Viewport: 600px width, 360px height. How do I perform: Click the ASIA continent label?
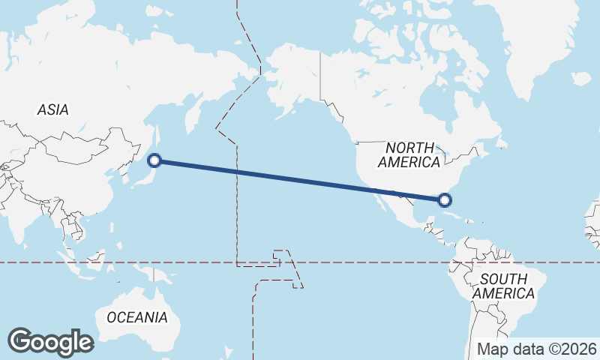pos(52,109)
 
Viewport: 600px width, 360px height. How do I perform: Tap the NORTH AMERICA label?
pos(409,154)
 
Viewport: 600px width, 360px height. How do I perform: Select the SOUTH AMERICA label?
pos(503,286)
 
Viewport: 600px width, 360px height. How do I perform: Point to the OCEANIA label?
pos(137,317)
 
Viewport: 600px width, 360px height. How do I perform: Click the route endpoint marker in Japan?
pos(154,160)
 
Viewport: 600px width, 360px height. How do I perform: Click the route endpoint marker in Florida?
pos(445,199)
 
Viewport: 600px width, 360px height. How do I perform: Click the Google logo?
pos(50,341)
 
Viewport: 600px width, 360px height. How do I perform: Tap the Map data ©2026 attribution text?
pos(537,349)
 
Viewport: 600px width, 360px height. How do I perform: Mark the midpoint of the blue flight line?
pos(300,180)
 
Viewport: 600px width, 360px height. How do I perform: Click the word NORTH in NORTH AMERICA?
pos(410,147)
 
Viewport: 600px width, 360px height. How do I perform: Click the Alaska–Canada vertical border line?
pos(321,75)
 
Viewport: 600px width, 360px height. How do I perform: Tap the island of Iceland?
pos(581,78)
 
